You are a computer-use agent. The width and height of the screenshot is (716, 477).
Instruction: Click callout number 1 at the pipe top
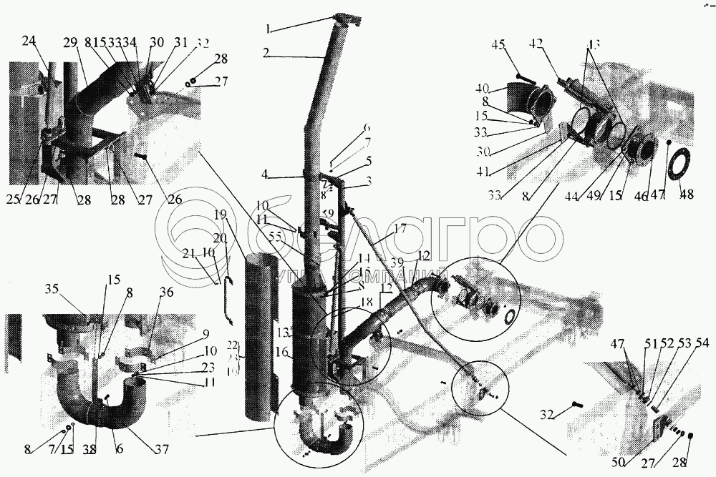click(268, 30)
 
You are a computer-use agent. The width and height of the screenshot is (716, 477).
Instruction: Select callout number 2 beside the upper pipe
click(266, 52)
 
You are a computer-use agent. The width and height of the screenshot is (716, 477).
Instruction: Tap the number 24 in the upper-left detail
click(28, 41)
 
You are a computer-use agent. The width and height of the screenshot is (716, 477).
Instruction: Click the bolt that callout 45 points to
click(524, 76)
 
